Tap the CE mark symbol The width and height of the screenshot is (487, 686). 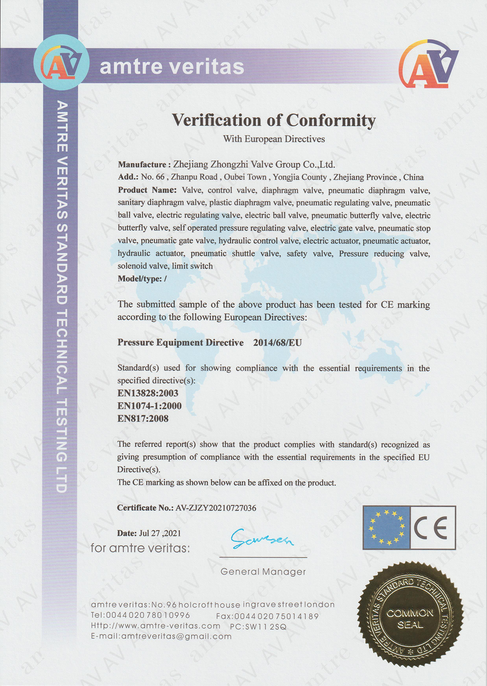pyautogui.click(x=432, y=527)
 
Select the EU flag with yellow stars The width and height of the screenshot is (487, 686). pyautogui.click(x=386, y=527)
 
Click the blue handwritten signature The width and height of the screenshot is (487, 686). pyautogui.click(x=262, y=539)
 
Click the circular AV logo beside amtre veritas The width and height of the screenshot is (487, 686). pyautogui.click(x=61, y=63)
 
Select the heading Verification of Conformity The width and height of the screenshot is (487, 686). pyautogui.click(x=274, y=120)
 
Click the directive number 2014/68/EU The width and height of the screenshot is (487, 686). pyautogui.click(x=278, y=343)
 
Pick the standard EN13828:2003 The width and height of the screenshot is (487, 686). pyautogui.click(x=148, y=393)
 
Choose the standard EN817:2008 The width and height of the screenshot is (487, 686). pyautogui.click(x=143, y=419)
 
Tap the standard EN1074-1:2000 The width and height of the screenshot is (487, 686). pyautogui.click(x=149, y=406)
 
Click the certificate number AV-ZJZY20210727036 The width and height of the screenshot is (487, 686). pyautogui.click(x=216, y=508)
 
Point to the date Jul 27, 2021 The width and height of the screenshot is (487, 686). pyautogui.click(x=160, y=533)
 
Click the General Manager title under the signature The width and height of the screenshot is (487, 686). pyautogui.click(x=263, y=572)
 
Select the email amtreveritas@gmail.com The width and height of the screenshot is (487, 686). pyautogui.click(x=177, y=637)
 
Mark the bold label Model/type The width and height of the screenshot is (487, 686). pyautogui.click(x=142, y=279)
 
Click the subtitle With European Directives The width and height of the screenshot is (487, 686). pyautogui.click(x=274, y=139)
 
